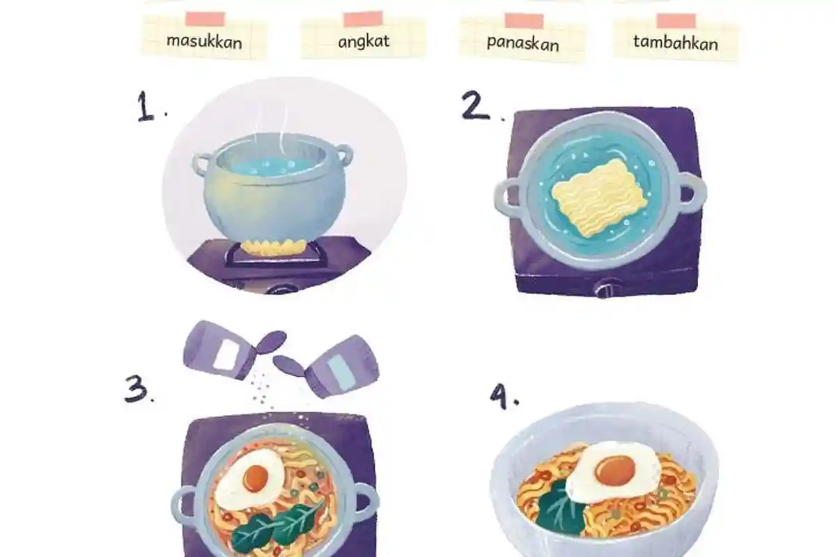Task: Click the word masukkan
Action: pos(204,41)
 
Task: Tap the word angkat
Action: pos(364,41)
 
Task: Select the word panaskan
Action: pos(523,44)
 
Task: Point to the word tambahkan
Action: pos(676,42)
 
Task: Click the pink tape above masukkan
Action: pos(206,19)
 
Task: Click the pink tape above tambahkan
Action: pos(676,21)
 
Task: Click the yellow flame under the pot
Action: pos(274,247)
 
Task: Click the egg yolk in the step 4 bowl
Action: pos(615,470)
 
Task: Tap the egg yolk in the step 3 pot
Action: pos(256,478)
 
